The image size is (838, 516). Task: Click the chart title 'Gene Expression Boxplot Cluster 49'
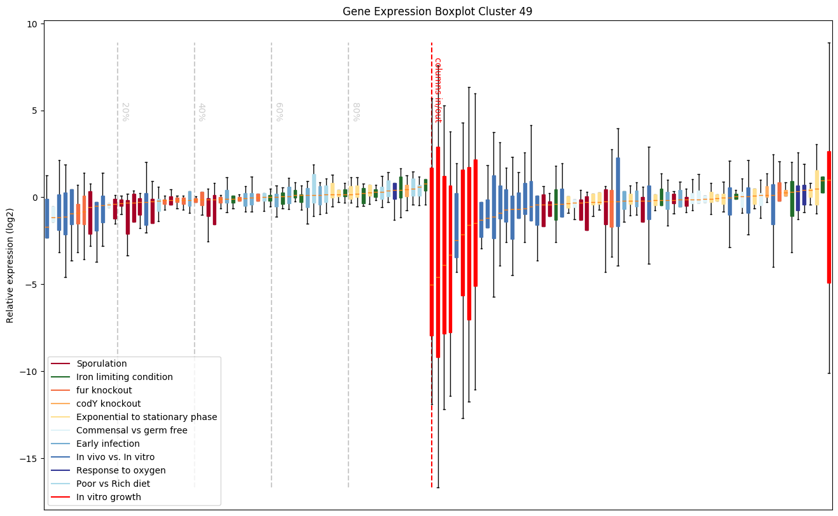(437, 11)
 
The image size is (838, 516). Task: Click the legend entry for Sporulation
(102, 364)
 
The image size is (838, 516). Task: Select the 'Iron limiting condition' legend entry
(125, 377)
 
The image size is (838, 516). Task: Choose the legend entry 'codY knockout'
(109, 404)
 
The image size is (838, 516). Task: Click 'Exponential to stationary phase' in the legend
(147, 418)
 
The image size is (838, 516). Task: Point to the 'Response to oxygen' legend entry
(121, 471)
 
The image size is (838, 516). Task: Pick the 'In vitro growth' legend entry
(109, 498)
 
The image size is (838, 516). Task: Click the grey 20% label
(125, 112)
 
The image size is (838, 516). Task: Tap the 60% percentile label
(279, 112)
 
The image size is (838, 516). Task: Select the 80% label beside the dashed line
(356, 112)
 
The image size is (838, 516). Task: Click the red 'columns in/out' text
(438, 90)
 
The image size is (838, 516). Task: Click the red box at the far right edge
(829, 216)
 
